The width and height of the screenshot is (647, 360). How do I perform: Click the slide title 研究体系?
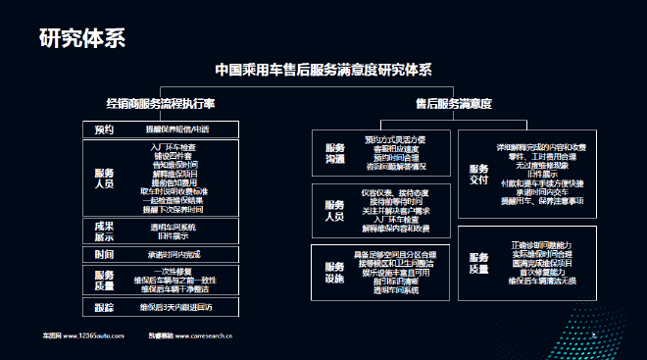pos(81,38)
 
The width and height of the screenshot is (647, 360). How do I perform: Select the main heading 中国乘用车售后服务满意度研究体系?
pos(323,71)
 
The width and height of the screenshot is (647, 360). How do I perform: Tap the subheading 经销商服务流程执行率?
pos(161,102)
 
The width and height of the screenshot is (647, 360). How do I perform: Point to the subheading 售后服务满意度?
pos(452,102)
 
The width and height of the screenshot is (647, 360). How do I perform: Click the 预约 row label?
pos(104,129)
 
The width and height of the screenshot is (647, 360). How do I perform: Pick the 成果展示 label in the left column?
pos(104,231)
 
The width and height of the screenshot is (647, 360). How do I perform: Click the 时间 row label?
pos(104,254)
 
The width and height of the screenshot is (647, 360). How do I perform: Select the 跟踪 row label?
pos(104,308)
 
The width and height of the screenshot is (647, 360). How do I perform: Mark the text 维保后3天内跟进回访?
pos(177,308)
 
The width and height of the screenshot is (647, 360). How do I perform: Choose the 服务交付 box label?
pos(478,173)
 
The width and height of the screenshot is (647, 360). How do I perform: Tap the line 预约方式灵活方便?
pos(395,139)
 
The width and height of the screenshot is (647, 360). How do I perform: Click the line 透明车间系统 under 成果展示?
pos(173,227)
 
